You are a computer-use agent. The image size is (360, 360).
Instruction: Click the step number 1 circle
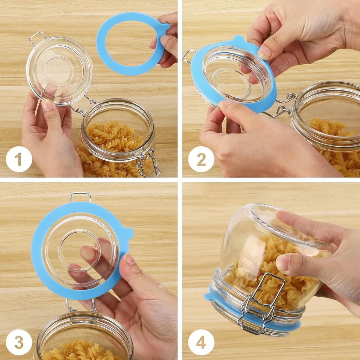coord(19,159)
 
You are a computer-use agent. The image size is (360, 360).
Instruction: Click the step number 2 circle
coord(201,159)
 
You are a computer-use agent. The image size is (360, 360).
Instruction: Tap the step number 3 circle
coord(19,342)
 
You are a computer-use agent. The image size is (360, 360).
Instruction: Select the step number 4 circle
coord(201,342)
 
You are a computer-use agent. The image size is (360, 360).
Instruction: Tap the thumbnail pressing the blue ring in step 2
coord(264,53)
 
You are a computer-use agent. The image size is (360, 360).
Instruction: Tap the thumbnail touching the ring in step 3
coord(129,259)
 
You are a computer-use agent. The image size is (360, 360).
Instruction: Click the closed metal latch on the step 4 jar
coord(259,306)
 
